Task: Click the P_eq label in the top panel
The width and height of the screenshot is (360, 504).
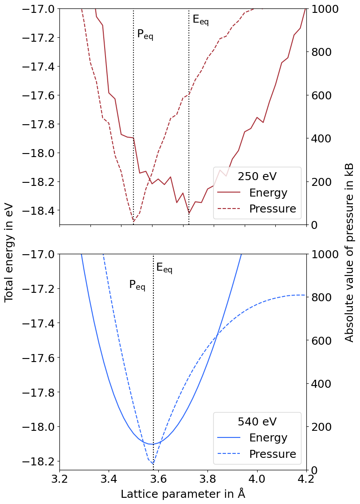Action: (145, 34)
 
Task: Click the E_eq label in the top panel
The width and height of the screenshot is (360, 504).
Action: (200, 20)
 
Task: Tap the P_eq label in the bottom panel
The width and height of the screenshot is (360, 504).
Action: (137, 285)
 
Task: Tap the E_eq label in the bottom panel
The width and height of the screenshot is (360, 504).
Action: (164, 268)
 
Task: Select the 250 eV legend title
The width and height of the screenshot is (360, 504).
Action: (257, 176)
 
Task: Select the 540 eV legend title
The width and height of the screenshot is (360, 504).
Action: (257, 421)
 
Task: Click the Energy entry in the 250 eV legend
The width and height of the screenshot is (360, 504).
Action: (268, 193)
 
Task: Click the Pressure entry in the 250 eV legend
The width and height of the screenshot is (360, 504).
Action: (272, 209)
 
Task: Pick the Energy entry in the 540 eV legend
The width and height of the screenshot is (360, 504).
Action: (268, 438)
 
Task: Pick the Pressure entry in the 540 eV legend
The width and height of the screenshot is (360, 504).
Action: (272, 454)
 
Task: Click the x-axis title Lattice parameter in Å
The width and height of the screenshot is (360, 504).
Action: (183, 494)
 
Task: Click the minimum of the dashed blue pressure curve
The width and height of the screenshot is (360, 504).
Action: (153, 464)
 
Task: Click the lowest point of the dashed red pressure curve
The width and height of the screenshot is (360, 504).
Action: (133, 221)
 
